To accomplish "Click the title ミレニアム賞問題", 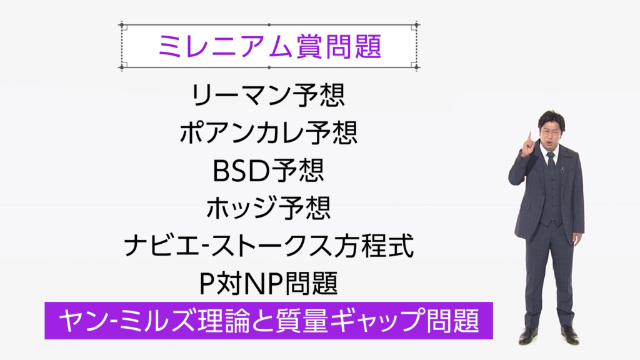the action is click(x=269, y=46).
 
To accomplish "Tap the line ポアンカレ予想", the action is click(x=269, y=132).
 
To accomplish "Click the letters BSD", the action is click(x=239, y=171).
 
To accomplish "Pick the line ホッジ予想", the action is click(x=269, y=207).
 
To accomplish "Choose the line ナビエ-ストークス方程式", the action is click(x=269, y=245).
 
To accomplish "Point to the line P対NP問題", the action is click(x=269, y=283).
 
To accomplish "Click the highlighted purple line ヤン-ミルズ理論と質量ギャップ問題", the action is click(x=269, y=321).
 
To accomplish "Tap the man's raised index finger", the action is click(x=530, y=138).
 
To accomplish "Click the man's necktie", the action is click(x=551, y=163).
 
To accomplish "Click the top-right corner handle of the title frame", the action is click(x=416, y=25).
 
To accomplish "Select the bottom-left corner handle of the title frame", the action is click(x=122, y=67).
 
